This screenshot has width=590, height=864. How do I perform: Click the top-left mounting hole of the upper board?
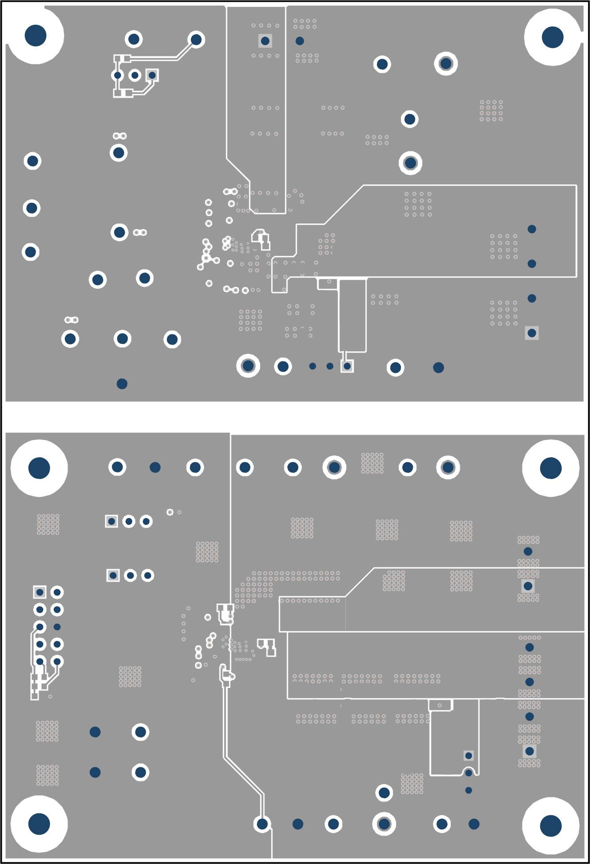click(x=36, y=36)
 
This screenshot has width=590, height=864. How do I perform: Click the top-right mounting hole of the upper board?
click(x=552, y=37)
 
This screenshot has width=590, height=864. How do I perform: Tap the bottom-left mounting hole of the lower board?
click(x=39, y=824)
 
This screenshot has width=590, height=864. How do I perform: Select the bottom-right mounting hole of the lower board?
click(x=550, y=825)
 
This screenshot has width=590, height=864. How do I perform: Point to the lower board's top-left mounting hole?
click(x=39, y=468)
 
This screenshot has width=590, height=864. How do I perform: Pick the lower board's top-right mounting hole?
click(x=550, y=468)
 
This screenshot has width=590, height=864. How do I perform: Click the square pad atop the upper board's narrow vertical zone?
click(x=265, y=41)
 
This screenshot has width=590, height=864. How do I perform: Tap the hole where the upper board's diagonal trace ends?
click(x=196, y=40)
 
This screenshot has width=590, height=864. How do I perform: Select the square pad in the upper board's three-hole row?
click(x=152, y=75)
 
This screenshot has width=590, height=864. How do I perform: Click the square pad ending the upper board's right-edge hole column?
click(x=532, y=333)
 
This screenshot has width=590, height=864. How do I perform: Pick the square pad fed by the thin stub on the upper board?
click(x=347, y=366)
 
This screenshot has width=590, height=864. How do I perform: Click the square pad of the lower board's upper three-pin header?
click(x=112, y=521)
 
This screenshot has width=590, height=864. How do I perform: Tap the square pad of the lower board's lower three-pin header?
click(x=113, y=575)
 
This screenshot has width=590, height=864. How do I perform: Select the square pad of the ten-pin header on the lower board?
click(x=40, y=592)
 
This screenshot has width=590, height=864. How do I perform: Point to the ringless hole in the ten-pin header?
click(x=57, y=627)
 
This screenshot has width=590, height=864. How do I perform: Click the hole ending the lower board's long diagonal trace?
click(x=262, y=824)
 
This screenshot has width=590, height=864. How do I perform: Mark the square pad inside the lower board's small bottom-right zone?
click(x=468, y=756)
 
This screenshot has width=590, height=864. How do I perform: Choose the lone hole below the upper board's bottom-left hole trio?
click(x=122, y=384)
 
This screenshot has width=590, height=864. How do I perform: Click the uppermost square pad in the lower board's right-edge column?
click(x=528, y=586)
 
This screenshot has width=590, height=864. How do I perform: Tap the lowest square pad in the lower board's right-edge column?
click(x=529, y=751)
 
